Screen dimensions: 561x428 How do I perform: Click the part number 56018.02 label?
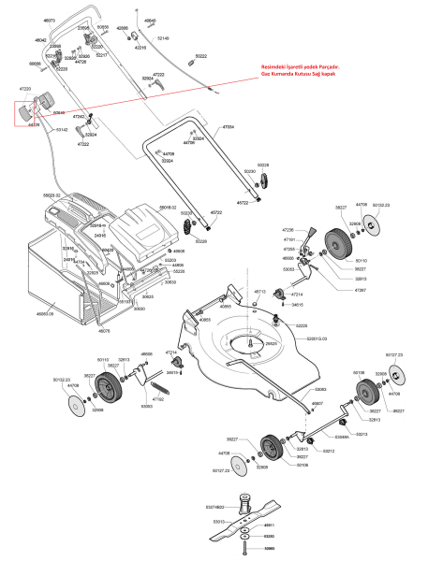(x=168, y=207)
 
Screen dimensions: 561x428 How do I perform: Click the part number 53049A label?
(x=342, y=436)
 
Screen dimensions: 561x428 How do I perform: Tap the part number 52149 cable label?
(x=163, y=37)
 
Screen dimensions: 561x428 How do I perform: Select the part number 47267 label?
(x=361, y=291)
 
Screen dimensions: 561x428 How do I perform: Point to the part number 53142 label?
(x=62, y=129)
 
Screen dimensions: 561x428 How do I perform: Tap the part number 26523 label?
(x=272, y=344)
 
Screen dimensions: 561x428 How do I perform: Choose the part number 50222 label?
(x=200, y=56)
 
